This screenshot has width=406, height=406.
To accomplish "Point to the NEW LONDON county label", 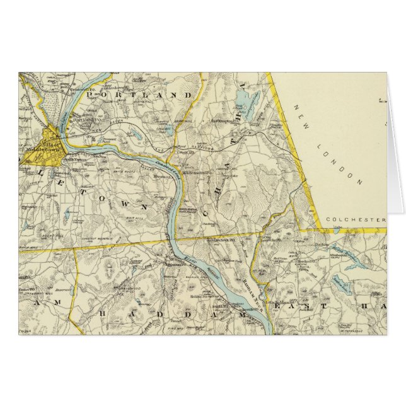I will click(x=327, y=145).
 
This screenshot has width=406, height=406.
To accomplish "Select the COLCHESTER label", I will click(x=356, y=220).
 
